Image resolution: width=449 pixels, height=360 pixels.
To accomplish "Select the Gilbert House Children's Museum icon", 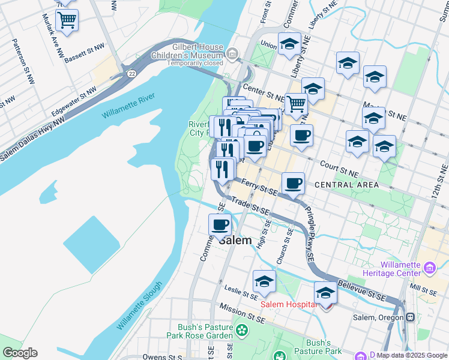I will click(x=232, y=55).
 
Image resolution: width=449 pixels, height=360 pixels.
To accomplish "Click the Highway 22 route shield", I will click(x=130, y=73).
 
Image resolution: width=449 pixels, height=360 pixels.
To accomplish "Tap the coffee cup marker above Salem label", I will click(x=220, y=224).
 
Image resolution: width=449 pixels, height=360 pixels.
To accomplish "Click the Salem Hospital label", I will click(x=288, y=304).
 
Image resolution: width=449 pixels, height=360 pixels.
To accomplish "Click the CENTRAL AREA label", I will click(x=346, y=185).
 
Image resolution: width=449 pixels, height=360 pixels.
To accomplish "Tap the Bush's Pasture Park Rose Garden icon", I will click(x=241, y=329).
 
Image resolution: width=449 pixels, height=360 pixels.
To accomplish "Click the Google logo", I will click(x=20, y=352).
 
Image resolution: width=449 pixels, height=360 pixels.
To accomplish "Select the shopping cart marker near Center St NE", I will click(x=296, y=104).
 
